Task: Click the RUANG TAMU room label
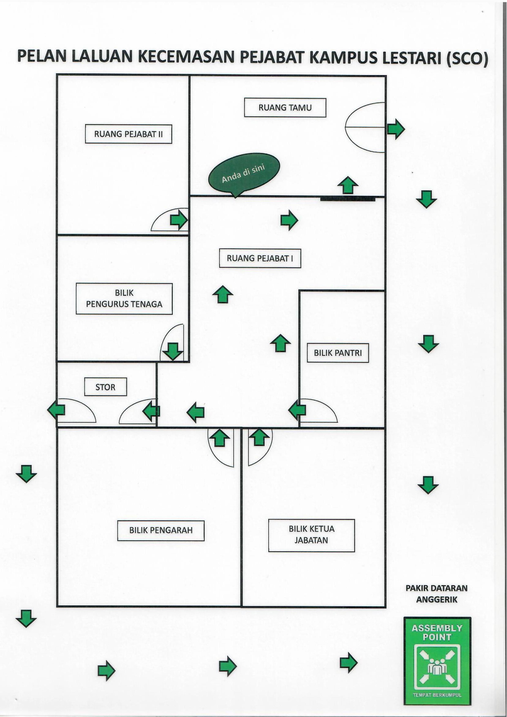click(285, 108)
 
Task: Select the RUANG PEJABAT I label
click(260, 258)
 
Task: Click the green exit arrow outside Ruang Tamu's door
click(396, 129)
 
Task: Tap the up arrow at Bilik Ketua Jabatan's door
click(259, 437)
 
